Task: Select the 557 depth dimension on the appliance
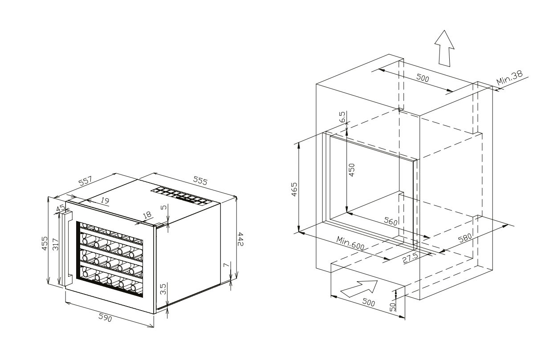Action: (85, 181)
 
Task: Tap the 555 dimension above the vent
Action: (200, 180)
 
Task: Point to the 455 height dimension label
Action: (45, 243)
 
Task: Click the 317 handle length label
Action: (55, 244)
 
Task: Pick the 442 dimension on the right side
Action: (240, 239)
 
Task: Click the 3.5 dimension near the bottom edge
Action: (163, 289)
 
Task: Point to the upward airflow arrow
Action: (444, 49)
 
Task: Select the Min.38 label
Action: (509, 77)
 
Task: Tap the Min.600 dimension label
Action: (350, 243)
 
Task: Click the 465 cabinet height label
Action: (294, 189)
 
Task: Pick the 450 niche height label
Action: (352, 170)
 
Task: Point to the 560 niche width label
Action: (390, 221)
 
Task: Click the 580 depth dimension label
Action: (465, 238)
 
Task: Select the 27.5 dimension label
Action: (411, 258)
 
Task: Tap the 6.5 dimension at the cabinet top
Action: (342, 117)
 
